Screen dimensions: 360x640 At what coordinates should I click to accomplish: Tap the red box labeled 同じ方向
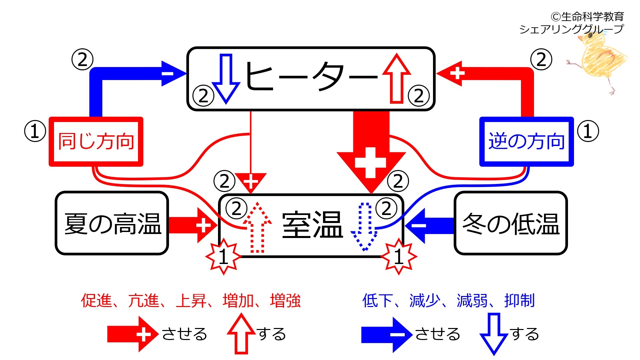[96, 141]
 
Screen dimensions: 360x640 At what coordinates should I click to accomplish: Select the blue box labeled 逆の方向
[527, 141]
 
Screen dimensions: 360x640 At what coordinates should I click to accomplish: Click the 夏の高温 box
[112, 223]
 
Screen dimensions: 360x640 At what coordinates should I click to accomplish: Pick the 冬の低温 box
[511, 223]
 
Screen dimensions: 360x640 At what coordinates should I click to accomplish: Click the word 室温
[312, 225]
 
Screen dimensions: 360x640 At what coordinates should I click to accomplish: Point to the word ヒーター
[312, 77]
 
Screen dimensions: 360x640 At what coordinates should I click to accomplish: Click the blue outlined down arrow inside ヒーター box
[226, 78]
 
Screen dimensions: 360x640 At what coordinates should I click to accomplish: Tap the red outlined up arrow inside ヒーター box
[397, 78]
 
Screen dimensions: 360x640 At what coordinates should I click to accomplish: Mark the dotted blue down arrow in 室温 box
[365, 227]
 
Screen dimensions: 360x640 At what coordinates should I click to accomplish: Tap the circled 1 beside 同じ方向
[35, 131]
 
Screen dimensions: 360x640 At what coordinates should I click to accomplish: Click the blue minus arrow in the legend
[387, 335]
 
